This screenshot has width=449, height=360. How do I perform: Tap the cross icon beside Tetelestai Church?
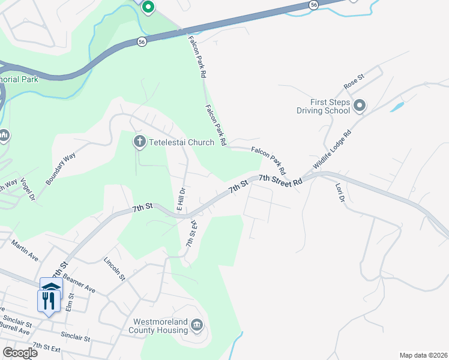139,142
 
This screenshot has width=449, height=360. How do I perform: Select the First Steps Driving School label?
323,106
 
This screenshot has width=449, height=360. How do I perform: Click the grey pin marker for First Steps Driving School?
360,106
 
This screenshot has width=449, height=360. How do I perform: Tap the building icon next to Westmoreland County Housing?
197,326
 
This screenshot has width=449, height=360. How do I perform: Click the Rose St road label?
354,82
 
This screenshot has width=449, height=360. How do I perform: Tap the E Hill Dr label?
180,199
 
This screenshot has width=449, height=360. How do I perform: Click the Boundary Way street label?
61,168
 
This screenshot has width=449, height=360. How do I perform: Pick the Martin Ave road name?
25,250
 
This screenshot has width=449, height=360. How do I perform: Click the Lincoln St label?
114,269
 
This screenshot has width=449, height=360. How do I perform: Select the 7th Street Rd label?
280,181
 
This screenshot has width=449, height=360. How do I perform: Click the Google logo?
19,353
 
